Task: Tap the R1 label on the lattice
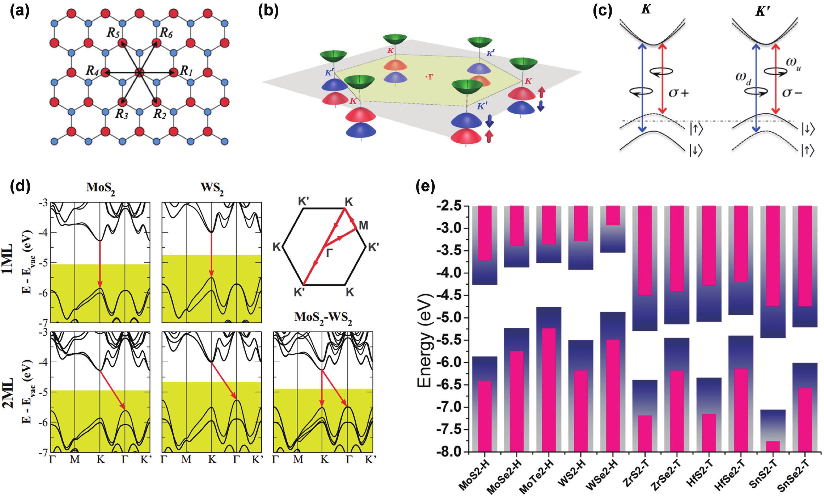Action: coord(187,71)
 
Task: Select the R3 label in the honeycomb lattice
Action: coord(122,114)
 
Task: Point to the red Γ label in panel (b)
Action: coord(430,77)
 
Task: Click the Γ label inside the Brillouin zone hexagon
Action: coord(329,253)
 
